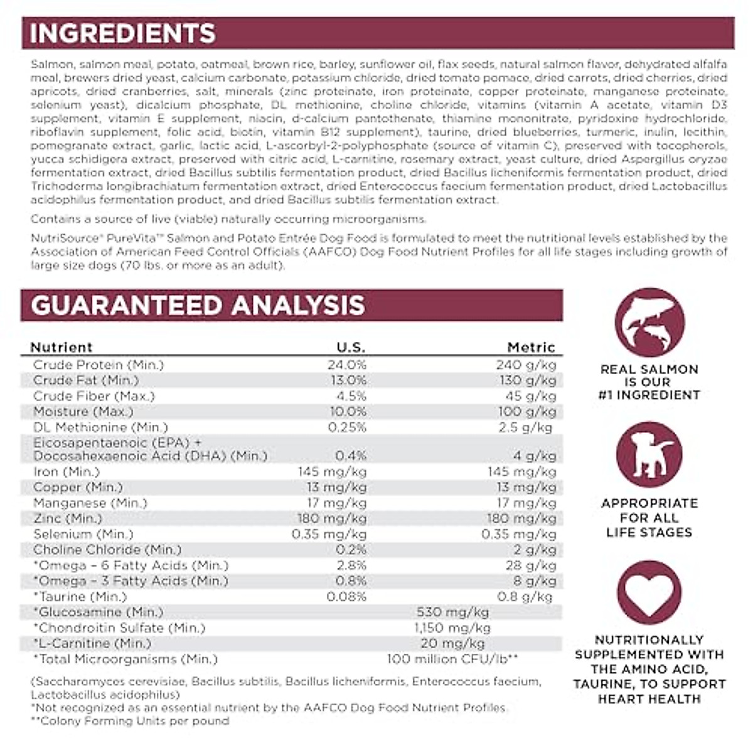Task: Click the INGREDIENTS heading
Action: tap(123, 33)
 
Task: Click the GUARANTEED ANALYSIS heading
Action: tap(198, 306)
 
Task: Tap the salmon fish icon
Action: tap(649, 323)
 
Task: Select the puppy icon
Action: tap(649, 455)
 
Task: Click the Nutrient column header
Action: tap(61, 347)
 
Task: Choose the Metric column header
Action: tap(531, 347)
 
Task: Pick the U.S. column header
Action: tap(351, 347)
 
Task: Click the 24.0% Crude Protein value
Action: tap(346, 365)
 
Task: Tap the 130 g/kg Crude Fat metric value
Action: tap(530, 380)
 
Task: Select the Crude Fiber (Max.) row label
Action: tap(94, 396)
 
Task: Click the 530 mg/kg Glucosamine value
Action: tap(452, 612)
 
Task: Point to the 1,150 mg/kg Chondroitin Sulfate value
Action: tap(452, 627)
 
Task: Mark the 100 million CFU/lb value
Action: tap(452, 659)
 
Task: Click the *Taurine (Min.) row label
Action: tap(80, 596)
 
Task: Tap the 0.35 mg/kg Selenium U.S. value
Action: tap(329, 534)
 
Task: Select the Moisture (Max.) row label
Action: tap(83, 412)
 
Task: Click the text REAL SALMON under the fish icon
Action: tap(649, 369)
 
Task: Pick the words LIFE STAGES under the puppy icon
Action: tap(649, 532)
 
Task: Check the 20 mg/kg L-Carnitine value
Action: tap(452, 643)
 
